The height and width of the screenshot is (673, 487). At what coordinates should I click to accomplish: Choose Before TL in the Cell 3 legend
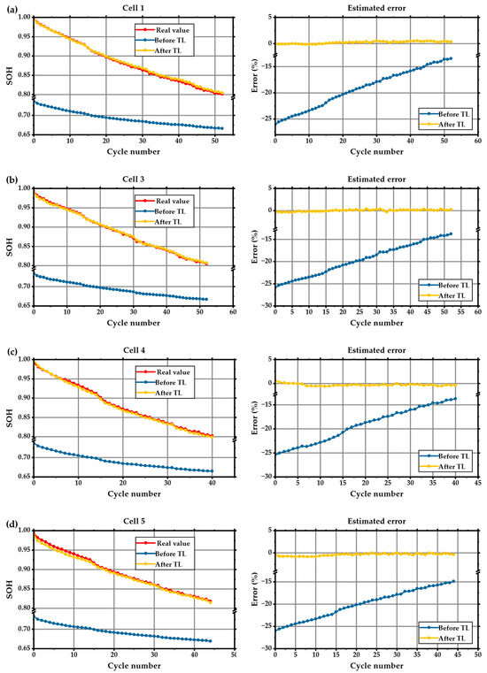(x=173, y=211)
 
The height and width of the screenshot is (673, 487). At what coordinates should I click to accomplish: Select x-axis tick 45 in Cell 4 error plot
(x=478, y=483)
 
